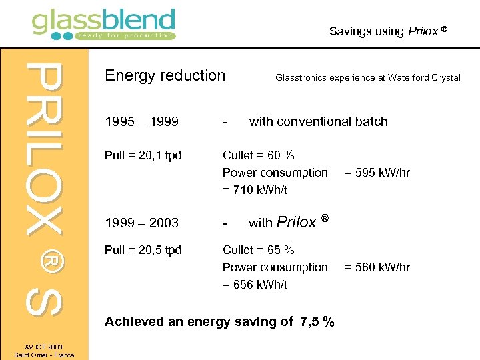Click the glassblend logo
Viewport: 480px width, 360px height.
(103, 24)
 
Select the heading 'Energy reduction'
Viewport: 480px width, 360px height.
(165, 75)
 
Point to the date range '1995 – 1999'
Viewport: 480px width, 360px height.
(141, 121)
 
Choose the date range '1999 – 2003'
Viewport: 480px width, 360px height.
(141, 223)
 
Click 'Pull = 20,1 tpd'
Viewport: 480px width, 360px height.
(143, 155)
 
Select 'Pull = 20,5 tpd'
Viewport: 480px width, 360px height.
(143, 250)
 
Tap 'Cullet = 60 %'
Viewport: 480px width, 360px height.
(258, 155)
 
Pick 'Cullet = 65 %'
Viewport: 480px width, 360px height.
(258, 250)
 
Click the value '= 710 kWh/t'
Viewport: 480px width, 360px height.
(255, 190)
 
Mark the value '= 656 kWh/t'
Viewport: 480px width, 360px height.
(255, 285)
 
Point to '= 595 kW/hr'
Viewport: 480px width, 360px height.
(377, 173)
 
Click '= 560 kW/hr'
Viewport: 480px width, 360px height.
(377, 267)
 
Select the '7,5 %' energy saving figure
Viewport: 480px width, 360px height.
(317, 322)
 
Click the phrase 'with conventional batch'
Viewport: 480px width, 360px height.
(318, 121)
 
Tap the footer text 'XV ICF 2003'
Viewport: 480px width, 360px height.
(44, 347)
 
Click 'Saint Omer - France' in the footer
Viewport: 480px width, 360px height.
(44, 355)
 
